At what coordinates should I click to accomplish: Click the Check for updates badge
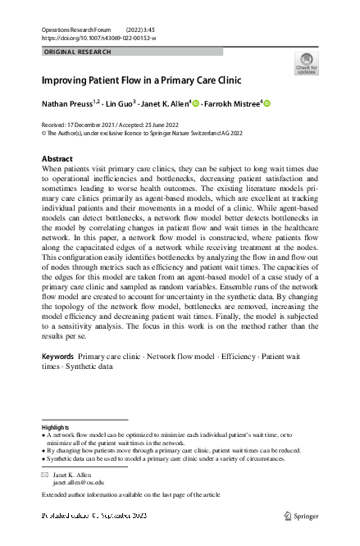tap(305, 64)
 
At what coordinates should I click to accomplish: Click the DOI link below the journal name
tap(98, 38)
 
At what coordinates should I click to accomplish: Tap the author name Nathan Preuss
tap(68, 104)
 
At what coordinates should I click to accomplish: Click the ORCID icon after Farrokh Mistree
tap(289, 103)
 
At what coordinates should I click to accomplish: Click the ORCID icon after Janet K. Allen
tap(197, 103)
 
